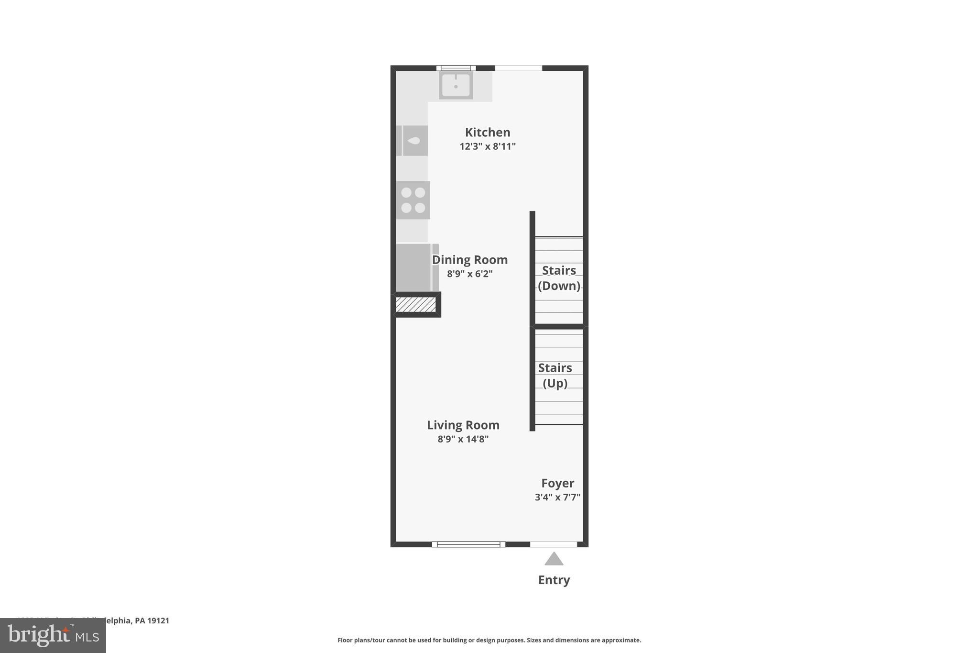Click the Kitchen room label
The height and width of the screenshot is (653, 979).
click(488, 133)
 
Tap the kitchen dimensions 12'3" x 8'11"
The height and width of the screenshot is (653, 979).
click(488, 146)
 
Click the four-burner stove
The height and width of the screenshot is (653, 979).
click(413, 200)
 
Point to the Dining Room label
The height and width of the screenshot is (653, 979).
click(470, 260)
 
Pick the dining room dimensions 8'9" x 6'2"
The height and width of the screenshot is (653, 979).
click(470, 274)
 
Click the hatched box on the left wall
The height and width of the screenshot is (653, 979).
click(416, 305)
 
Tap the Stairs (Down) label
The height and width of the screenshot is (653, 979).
click(559, 278)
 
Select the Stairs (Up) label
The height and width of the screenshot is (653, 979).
click(555, 376)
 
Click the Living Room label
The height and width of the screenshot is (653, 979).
click(463, 425)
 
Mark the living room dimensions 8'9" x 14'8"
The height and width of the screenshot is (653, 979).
click(463, 439)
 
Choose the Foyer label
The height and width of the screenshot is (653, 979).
click(557, 483)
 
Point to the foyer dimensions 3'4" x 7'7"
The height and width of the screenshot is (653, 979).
click(557, 498)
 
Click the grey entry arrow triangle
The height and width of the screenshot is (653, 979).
click(554, 559)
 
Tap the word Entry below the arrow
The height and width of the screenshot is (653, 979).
click(554, 580)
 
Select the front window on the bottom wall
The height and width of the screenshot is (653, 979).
click(468, 544)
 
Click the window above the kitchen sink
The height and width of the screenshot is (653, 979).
click(456, 68)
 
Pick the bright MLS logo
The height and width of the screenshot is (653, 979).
click(53, 636)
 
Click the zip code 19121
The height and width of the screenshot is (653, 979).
click(159, 620)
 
